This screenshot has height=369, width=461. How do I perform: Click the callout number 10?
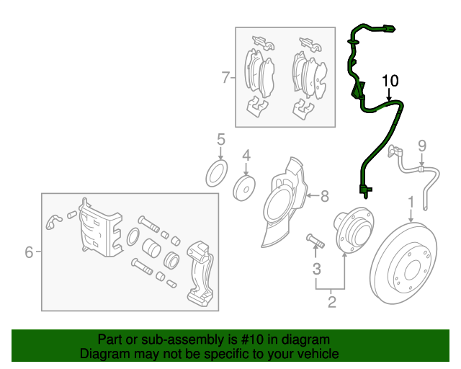coord(390,80)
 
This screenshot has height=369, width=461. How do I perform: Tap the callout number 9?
coord(422,146)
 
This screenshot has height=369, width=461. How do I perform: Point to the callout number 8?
coord(324,195)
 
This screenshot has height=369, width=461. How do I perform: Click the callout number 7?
coord(225,77)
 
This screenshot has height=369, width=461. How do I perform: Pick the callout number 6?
coord(29,252)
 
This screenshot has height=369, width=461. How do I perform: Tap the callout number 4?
coord(246,155)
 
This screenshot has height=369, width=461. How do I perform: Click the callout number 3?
coord(316,270)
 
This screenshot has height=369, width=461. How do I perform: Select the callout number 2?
coord(332,302)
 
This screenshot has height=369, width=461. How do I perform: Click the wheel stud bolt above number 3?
coord(315,241)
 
